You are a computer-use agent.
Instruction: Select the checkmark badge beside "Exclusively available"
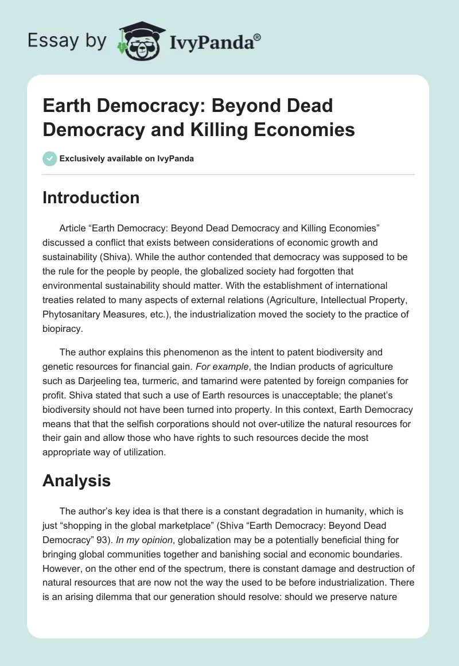tap(50, 158)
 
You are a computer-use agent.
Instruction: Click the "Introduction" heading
tap(91, 198)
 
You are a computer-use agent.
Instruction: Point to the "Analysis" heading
tap(76, 481)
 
